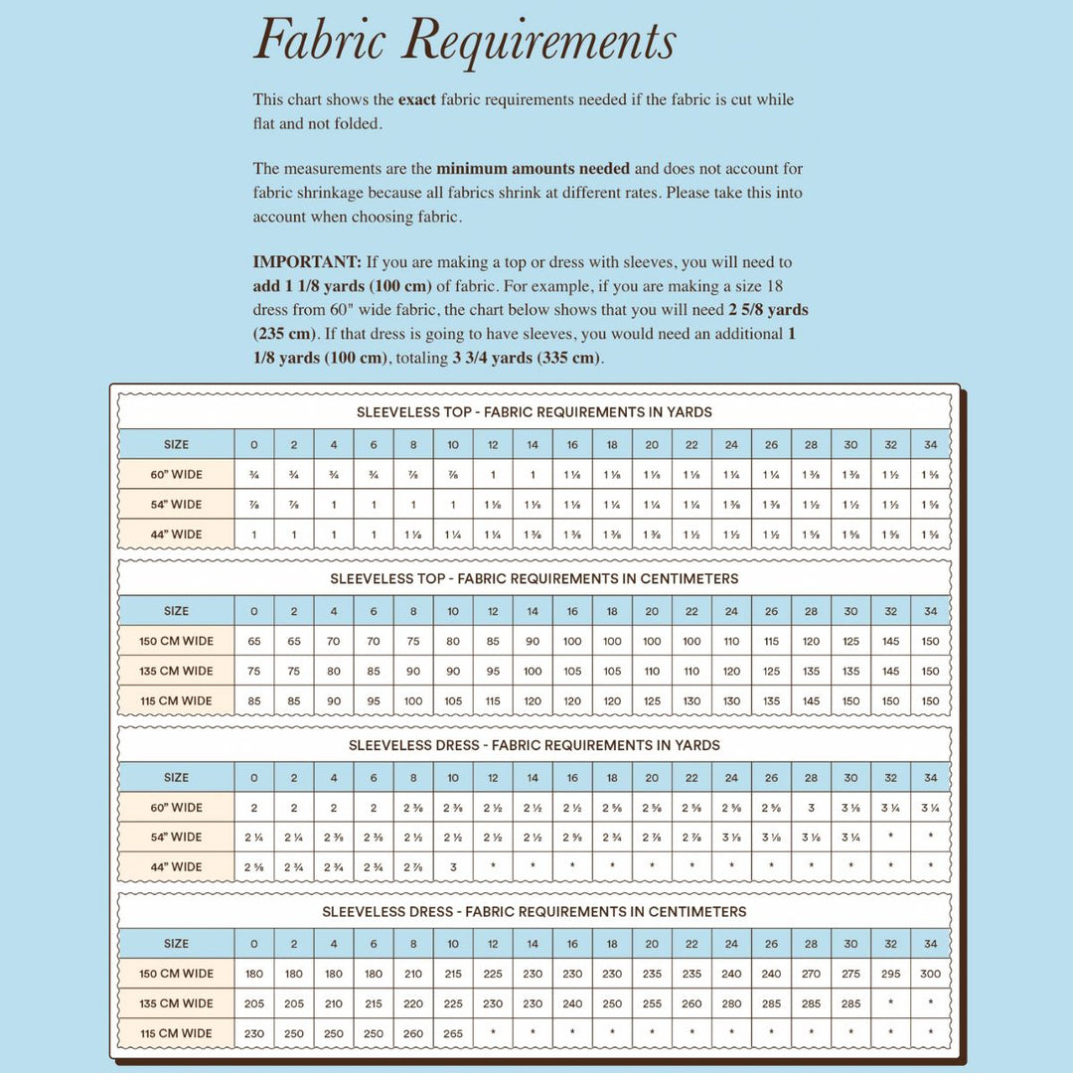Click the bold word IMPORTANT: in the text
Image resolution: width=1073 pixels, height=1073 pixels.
coord(307,262)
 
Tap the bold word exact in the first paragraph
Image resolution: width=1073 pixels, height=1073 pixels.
coord(417,99)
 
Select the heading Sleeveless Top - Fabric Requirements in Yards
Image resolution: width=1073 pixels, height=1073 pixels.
coord(535,411)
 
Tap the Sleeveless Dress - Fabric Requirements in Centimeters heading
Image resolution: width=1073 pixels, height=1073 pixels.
coord(535,911)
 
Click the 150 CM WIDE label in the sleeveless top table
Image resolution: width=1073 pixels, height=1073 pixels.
coord(176,641)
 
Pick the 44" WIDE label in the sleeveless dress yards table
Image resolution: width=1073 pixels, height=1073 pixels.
coord(176,866)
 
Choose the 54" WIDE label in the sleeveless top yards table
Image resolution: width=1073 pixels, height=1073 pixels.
coord(176,504)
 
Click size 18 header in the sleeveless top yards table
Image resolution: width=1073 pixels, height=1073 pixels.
coord(612,444)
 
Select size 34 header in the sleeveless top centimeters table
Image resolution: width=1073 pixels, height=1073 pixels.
coord(930,611)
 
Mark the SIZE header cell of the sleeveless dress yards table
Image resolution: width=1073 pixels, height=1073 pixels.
coord(176,777)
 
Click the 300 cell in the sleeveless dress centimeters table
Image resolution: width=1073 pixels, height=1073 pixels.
coord(930,974)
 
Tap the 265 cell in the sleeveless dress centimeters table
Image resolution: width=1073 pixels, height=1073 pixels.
coord(453,1033)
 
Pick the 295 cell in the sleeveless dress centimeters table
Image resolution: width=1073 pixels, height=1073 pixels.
coord(890,974)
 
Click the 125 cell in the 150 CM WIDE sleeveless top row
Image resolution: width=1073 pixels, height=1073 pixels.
coord(850,641)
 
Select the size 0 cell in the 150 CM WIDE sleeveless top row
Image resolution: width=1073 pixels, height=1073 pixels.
coord(254,641)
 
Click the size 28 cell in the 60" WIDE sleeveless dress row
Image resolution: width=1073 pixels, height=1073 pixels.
coord(811,807)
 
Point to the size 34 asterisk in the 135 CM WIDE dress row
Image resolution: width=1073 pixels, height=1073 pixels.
coord(930,1002)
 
